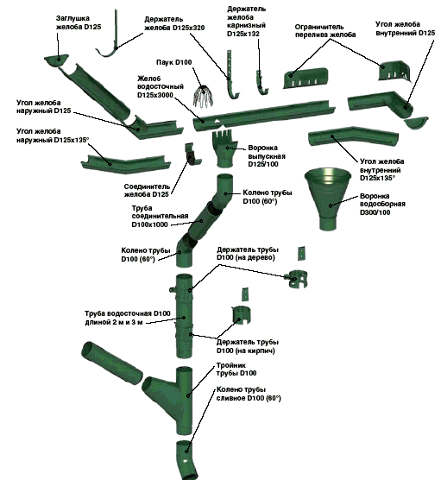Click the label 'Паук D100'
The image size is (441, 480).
point(173,62)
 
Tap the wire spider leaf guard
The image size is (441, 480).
point(203,96)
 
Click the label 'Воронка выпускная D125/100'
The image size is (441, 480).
point(267,156)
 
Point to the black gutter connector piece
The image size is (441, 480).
point(192,155)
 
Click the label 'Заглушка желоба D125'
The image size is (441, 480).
point(79,22)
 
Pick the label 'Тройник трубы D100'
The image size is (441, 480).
point(236,369)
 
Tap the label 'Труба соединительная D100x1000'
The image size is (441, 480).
point(160,217)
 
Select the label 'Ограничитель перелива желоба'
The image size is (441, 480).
point(325,30)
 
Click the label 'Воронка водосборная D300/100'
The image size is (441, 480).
point(382,205)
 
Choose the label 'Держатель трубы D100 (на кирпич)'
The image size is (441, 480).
point(248,346)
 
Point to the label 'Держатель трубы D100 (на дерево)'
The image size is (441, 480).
point(248,254)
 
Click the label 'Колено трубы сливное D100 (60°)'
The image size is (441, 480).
point(249,394)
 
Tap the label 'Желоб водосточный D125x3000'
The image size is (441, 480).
point(161,87)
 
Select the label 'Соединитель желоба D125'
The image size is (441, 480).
point(147,191)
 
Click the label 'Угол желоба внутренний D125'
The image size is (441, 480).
point(406,28)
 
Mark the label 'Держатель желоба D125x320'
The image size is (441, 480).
point(174,23)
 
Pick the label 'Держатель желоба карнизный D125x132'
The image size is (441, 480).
point(246,22)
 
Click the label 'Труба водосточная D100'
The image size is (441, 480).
point(128,313)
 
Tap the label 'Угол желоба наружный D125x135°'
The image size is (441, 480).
point(53,136)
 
